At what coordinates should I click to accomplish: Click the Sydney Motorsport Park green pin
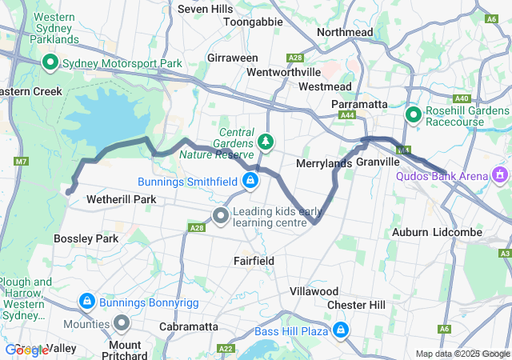coord(50,62)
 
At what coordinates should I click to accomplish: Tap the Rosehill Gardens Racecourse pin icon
coord(414,115)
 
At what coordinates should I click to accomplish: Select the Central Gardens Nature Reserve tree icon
coord(265,142)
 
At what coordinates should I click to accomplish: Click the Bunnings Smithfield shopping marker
coord(251,180)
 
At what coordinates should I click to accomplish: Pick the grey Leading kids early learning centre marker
coord(221,214)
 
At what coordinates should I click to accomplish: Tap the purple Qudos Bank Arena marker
coord(501,174)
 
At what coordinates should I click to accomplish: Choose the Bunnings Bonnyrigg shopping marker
coord(86,301)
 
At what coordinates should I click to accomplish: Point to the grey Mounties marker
coord(122,323)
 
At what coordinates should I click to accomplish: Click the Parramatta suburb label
coord(360,104)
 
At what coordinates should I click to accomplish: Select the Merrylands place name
coord(324,163)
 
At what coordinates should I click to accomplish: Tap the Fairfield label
coord(254,261)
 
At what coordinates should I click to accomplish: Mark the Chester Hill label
coord(356,305)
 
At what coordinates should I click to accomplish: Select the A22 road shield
coord(226,348)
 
